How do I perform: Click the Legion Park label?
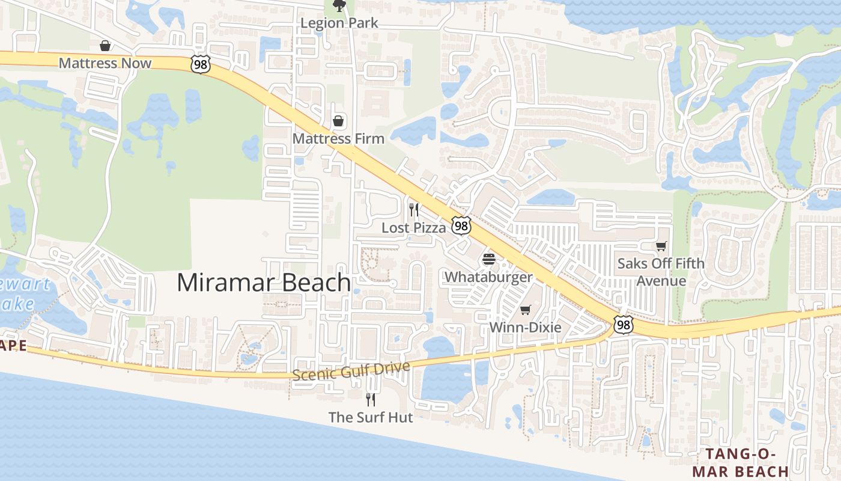339,23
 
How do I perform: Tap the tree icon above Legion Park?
339,6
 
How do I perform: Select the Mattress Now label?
105,63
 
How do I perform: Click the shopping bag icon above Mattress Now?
105,46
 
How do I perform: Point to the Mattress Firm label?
338,139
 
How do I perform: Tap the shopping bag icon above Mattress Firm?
339,121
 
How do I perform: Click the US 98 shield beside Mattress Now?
201,64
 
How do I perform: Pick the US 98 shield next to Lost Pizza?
461,226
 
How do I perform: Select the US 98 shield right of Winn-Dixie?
624,325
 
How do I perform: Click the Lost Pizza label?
414,228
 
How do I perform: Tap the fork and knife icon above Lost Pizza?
413,210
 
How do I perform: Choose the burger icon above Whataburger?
489,260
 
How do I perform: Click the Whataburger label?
488,277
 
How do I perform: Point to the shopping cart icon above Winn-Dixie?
526,310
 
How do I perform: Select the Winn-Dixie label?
526,328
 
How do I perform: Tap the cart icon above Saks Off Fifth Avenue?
661,246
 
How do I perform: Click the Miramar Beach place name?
264,283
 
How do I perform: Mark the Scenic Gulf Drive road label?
351,371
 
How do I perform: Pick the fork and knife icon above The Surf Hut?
371,399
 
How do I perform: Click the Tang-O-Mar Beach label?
740,462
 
